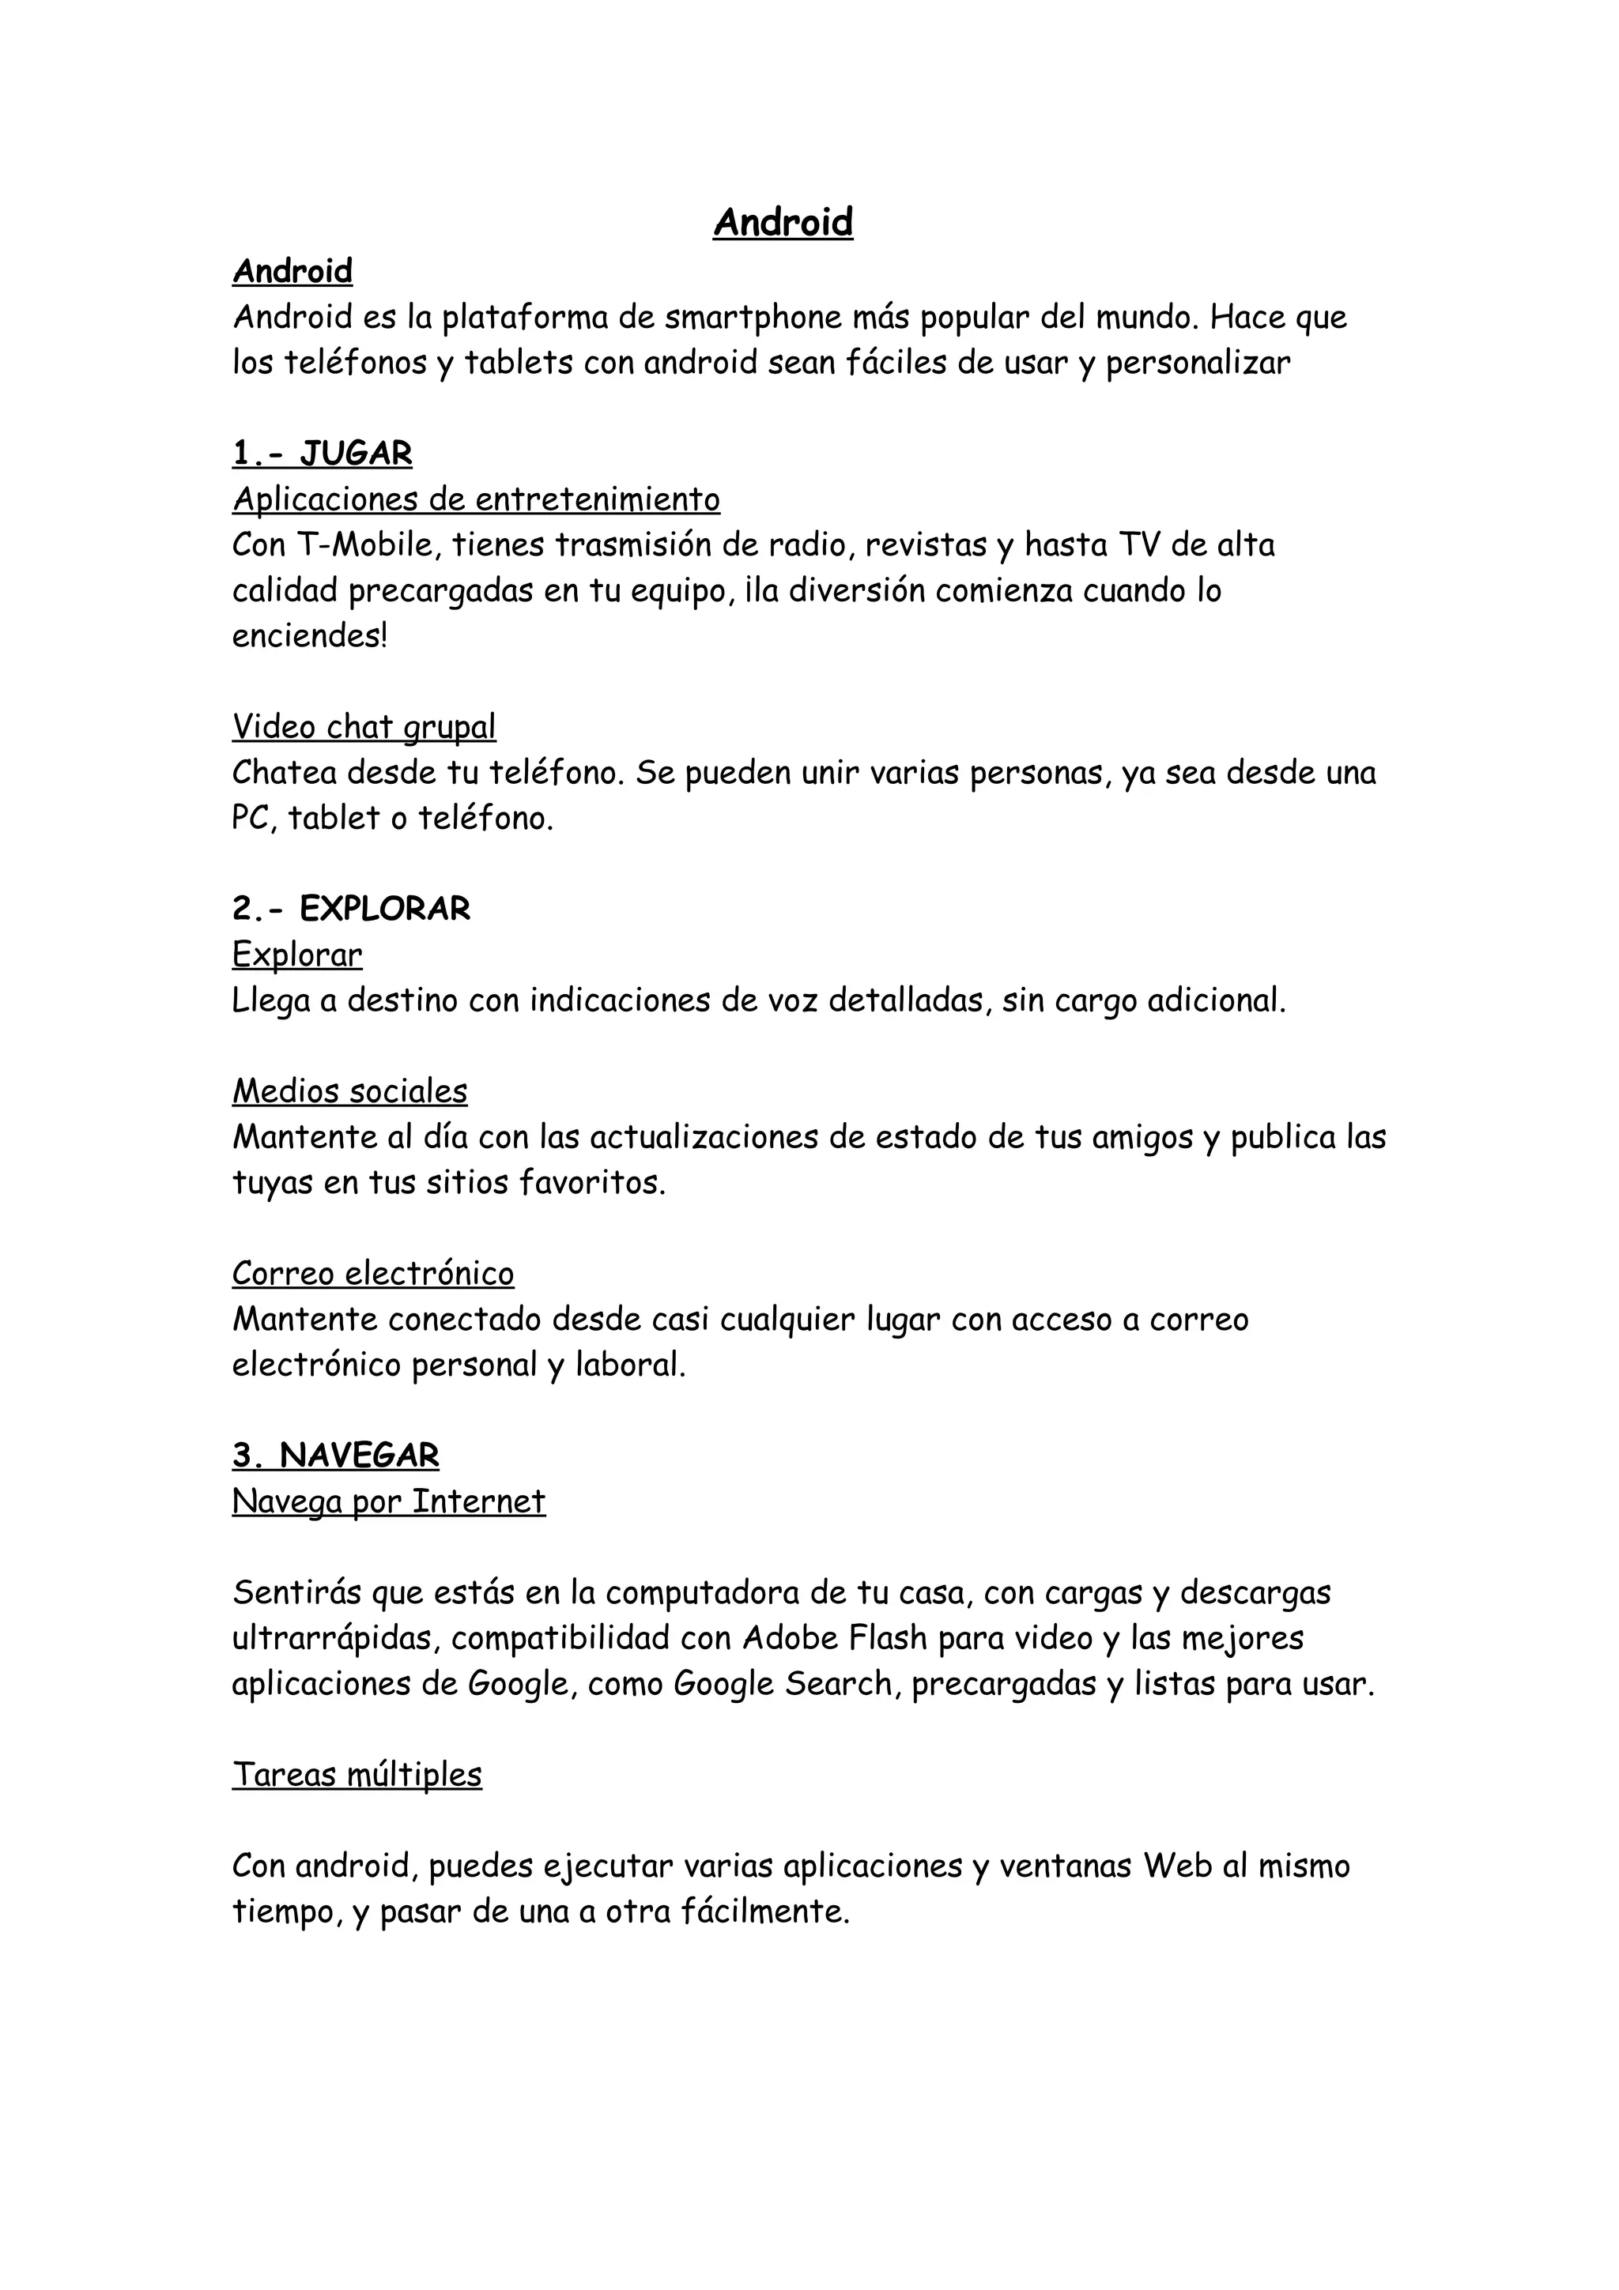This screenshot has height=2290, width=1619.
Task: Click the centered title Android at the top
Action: (x=783, y=222)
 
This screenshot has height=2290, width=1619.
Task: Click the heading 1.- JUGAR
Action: (x=323, y=454)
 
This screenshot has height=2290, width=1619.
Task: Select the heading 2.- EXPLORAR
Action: (x=351, y=909)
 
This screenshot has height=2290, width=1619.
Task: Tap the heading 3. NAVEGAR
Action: (x=335, y=1456)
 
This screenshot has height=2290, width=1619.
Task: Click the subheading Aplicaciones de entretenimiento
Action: (x=476, y=499)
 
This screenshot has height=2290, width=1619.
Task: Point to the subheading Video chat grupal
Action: (x=364, y=727)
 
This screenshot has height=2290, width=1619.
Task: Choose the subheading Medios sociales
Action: (x=349, y=1091)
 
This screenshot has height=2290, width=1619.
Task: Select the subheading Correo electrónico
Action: (x=373, y=1274)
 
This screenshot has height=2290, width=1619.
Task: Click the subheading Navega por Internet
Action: (x=389, y=1501)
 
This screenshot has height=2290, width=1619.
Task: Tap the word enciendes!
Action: (x=309, y=636)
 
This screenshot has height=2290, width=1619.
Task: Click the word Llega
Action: (x=270, y=1000)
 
